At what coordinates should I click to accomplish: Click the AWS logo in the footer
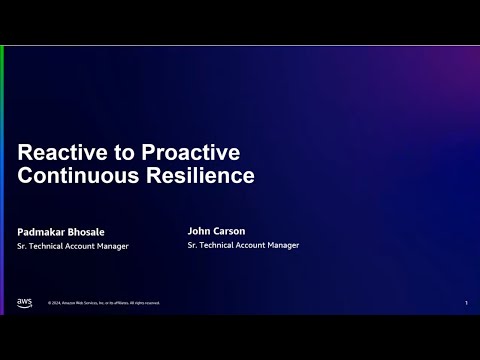pyautogui.click(x=24, y=302)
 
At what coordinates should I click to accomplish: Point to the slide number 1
pyautogui.click(x=467, y=303)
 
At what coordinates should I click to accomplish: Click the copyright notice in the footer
pyautogui.click(x=103, y=303)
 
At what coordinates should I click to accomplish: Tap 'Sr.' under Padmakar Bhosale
pyautogui.click(x=23, y=246)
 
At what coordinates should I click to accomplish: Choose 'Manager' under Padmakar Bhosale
pyautogui.click(x=113, y=246)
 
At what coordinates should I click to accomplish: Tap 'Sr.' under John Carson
pyautogui.click(x=192, y=245)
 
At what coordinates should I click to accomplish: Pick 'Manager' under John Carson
pyautogui.click(x=283, y=245)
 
